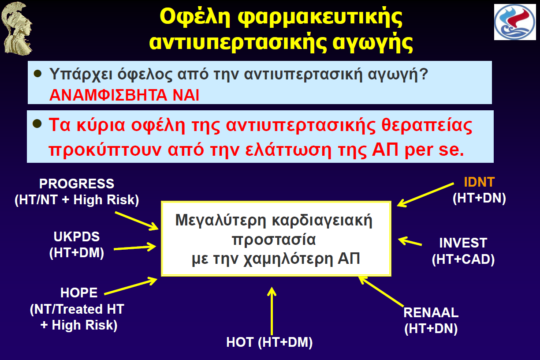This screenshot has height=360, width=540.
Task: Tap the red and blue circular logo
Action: click(x=515, y=22)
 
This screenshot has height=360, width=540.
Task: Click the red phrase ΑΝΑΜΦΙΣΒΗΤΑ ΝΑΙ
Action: click(x=124, y=95)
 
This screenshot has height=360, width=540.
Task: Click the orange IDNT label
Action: click(x=479, y=182)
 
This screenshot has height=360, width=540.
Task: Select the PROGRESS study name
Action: click(x=77, y=184)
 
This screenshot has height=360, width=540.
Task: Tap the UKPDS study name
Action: click(x=77, y=236)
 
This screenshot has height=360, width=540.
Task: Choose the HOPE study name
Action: click(x=79, y=292)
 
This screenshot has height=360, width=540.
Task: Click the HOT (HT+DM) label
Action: click(x=269, y=342)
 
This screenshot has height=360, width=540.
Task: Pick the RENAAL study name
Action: click(x=431, y=312)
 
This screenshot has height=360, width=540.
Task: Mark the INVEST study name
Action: click(x=463, y=243)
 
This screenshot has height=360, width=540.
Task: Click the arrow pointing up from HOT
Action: click(x=272, y=311)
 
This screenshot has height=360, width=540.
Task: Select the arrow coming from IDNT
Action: click(x=425, y=195)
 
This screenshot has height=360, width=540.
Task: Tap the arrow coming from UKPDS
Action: click(x=135, y=247)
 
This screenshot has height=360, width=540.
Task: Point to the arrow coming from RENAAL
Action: click(x=381, y=292)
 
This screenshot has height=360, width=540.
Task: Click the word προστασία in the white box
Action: click(x=274, y=240)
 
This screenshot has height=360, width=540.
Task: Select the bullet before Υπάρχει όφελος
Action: click(x=38, y=74)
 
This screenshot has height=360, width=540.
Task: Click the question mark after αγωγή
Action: click(x=423, y=74)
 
